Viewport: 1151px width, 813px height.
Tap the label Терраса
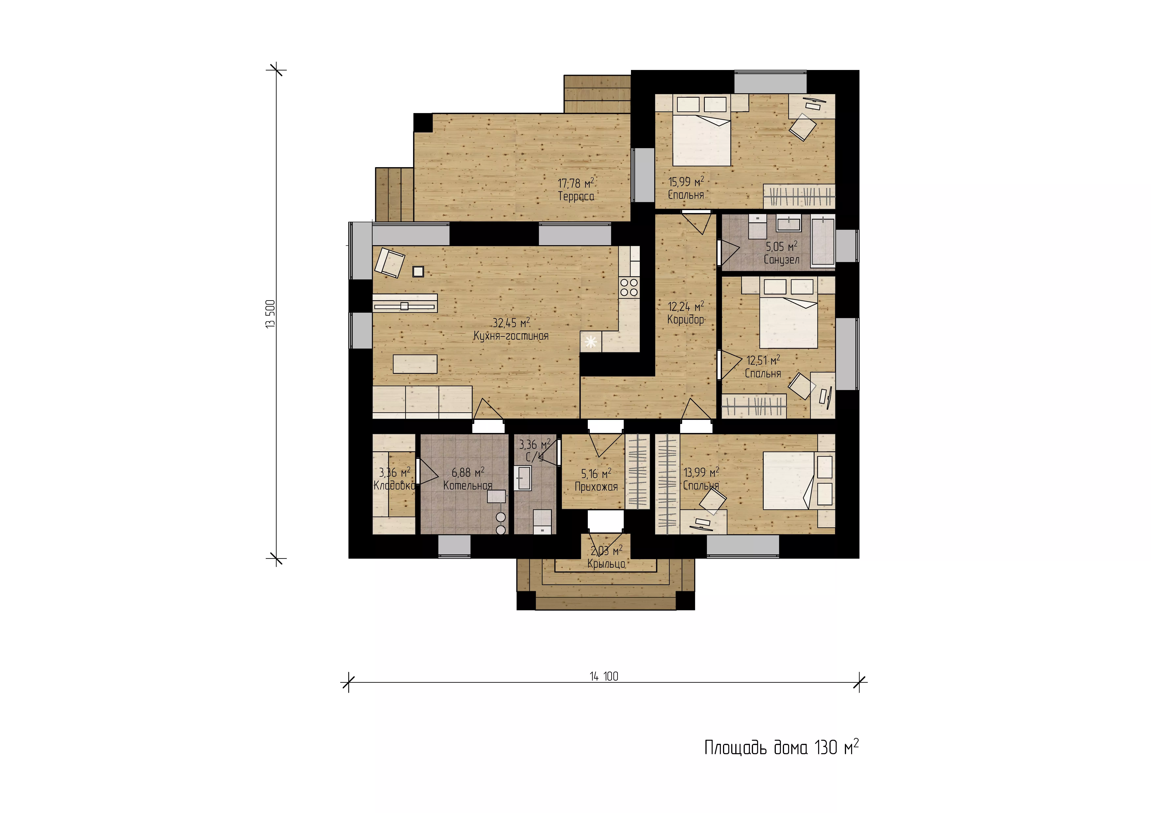(576, 196)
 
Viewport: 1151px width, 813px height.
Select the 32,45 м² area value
(511, 323)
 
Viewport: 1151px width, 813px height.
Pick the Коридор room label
(686, 319)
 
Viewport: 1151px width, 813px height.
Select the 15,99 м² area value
(686, 181)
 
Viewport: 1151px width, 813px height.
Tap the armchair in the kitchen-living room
(389, 262)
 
